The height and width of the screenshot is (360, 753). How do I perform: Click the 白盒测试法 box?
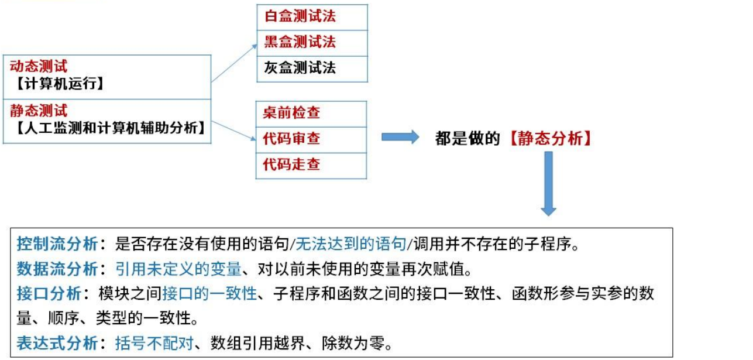pos(312,17)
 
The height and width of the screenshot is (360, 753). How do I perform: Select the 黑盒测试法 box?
pos(312,43)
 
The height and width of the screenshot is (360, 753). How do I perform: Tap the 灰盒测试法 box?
pos(312,68)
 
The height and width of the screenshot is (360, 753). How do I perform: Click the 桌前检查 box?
pos(311,114)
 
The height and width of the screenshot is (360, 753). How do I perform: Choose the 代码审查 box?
pos(311,139)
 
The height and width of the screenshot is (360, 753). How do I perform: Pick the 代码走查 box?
pos(311,165)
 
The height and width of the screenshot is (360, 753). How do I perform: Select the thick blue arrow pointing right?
pos(400,138)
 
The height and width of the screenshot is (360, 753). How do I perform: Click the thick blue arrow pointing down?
pos(548,183)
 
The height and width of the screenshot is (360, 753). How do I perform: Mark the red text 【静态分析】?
pos(550,139)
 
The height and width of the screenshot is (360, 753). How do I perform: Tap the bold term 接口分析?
pos(49,294)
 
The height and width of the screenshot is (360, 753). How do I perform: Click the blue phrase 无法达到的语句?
pos(351,244)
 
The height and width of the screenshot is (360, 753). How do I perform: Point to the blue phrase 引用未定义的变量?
pos(178,269)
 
